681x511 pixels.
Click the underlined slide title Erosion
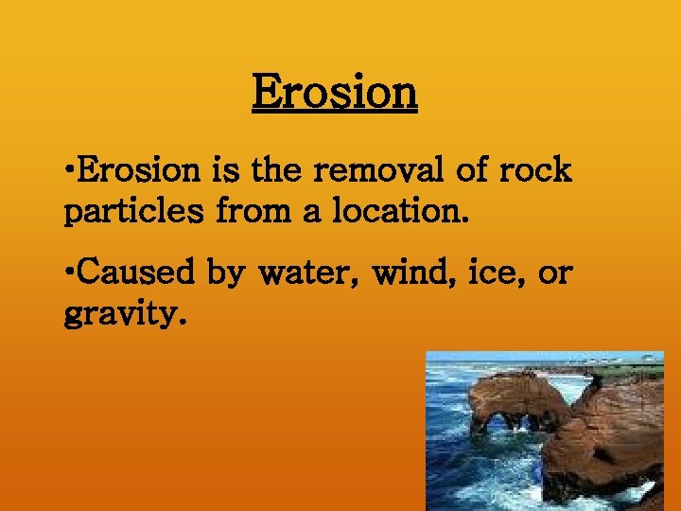click(334, 93)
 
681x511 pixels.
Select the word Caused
click(138, 273)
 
